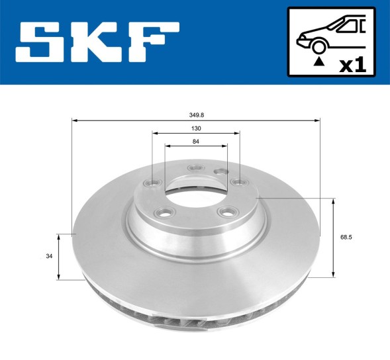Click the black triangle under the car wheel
pyautogui.click(x=318, y=61)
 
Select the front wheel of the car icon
pyautogui.click(x=318, y=46)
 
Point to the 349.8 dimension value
pyautogui.click(x=197, y=114)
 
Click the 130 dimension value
pyautogui.click(x=197, y=128)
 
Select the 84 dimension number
pyautogui.click(x=197, y=141)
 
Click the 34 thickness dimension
pyautogui.click(x=49, y=256)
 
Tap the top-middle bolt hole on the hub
pyautogui.click(x=195, y=168)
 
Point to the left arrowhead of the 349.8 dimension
pyautogui.click(x=75, y=120)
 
